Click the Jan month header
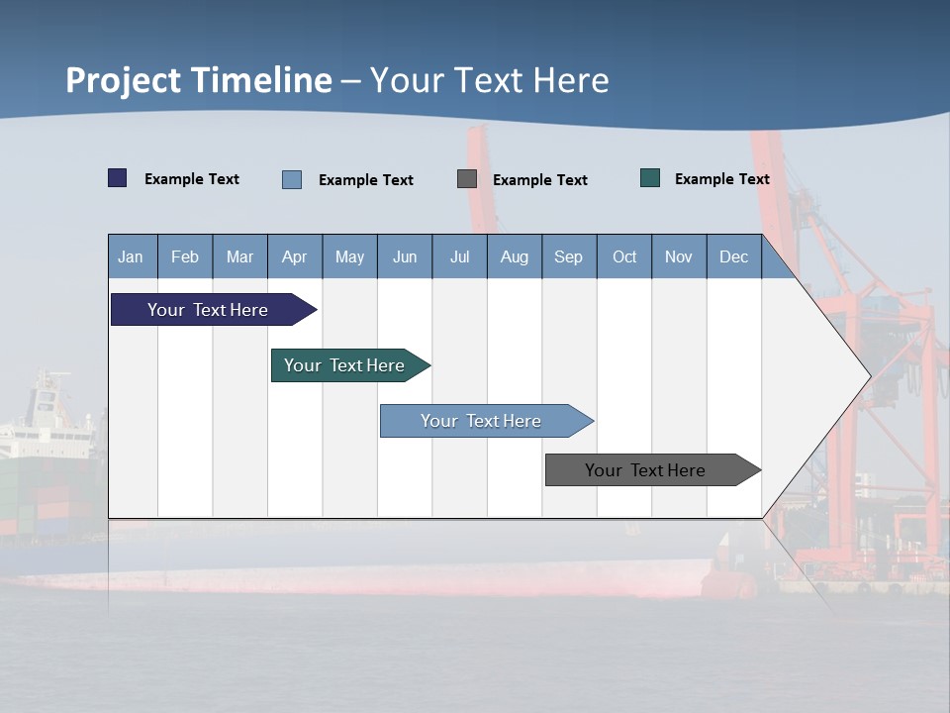(x=132, y=256)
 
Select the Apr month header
(x=294, y=256)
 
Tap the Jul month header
(x=459, y=256)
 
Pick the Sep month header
(x=568, y=256)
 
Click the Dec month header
(x=733, y=256)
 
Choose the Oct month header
(x=623, y=256)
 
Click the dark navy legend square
(x=118, y=178)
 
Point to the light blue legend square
(x=292, y=179)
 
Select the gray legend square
(x=467, y=179)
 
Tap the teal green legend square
(x=650, y=178)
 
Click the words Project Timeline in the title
(x=199, y=80)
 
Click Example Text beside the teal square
(x=721, y=179)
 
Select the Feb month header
(x=185, y=256)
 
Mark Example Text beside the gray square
(x=539, y=180)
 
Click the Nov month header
(x=678, y=256)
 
